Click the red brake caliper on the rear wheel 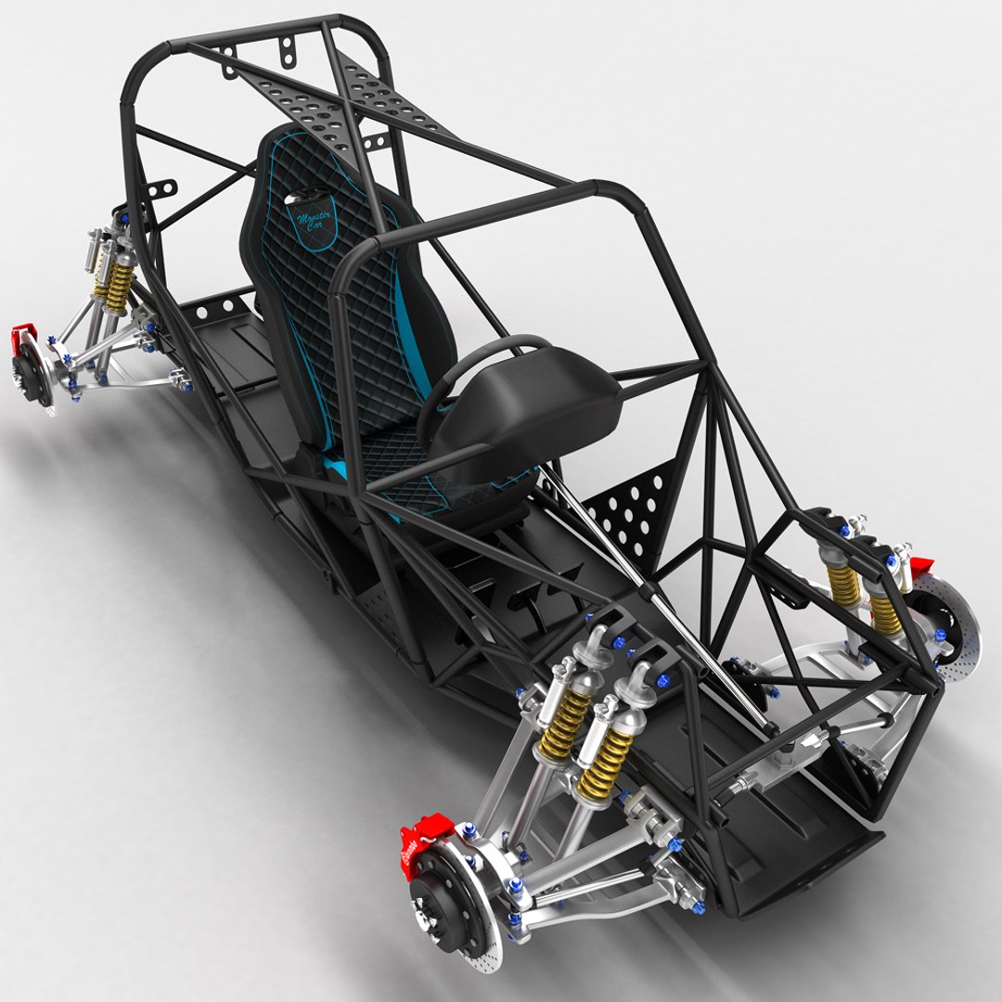pyautogui.click(x=22, y=339)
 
